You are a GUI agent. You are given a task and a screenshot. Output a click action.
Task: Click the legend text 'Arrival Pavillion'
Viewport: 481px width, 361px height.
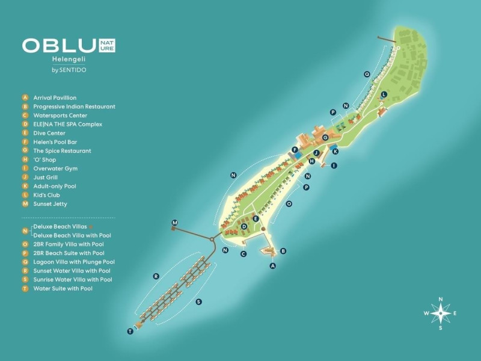[55, 98]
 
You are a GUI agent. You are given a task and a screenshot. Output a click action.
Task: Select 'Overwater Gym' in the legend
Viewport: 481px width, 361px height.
[55, 168]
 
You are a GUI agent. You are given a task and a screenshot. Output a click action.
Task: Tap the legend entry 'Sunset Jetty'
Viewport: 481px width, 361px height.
[50, 204]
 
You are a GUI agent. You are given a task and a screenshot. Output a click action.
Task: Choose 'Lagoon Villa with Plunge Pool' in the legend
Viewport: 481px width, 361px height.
[74, 262]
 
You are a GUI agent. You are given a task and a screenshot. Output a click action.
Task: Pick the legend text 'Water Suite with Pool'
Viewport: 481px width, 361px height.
[63, 289]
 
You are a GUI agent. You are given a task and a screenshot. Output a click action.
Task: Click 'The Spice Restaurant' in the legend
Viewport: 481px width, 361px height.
[63, 151]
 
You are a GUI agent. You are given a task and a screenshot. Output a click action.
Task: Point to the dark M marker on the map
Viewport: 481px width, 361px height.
[175, 223]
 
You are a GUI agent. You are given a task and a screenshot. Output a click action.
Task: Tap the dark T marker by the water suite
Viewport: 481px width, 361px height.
[130, 332]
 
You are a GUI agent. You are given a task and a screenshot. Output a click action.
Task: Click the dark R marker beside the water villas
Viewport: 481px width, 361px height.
[156, 277]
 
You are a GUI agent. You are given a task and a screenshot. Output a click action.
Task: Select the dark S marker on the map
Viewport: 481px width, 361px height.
[199, 302]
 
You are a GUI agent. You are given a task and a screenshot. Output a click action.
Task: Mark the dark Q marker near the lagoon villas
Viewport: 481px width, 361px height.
[367, 74]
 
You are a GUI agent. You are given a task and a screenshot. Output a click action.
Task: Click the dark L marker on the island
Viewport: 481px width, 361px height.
[384, 94]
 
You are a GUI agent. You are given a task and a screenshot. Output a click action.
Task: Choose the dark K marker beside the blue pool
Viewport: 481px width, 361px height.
[335, 152]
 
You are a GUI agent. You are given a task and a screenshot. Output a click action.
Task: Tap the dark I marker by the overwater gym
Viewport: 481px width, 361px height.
[334, 166]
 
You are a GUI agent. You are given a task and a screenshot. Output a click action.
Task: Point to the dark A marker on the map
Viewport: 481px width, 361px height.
[273, 266]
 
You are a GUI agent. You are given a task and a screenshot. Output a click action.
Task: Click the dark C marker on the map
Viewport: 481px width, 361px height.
[244, 254]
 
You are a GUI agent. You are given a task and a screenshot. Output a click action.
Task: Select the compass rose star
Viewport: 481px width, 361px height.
[441, 313]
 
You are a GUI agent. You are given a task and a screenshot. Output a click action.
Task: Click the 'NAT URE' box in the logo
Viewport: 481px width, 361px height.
[107, 46]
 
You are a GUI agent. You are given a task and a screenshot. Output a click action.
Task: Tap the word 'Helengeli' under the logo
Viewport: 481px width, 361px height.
[69, 59]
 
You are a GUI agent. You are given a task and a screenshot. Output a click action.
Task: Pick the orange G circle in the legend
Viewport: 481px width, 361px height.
[25, 150]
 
